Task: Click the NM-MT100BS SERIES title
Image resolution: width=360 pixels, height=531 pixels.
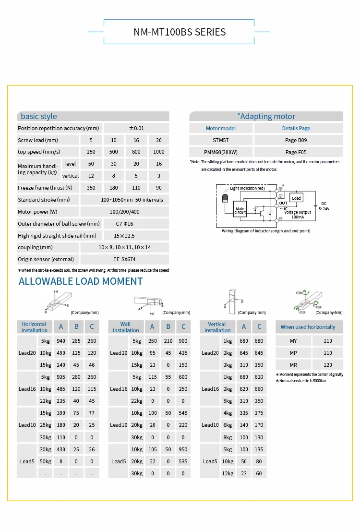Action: click(x=180, y=32)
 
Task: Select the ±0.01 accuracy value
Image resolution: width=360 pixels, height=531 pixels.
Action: click(x=136, y=128)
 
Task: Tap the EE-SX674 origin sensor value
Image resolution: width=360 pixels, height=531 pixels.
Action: click(x=124, y=259)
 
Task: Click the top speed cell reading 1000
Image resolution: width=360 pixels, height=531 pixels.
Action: click(x=158, y=152)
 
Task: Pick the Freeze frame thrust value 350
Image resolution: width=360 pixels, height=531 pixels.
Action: click(x=91, y=188)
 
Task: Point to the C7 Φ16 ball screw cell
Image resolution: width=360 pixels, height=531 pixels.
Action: click(x=124, y=224)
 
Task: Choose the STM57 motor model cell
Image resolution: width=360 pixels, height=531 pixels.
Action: click(x=221, y=140)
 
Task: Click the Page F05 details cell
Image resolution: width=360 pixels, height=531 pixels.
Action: click(x=298, y=152)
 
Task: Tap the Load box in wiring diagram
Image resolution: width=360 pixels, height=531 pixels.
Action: click(x=296, y=198)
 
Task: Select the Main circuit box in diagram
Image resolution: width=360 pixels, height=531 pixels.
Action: click(x=240, y=210)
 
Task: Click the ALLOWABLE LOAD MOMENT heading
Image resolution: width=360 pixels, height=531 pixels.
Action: click(x=81, y=281)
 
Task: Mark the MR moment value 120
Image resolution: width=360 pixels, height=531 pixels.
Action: click(x=328, y=365)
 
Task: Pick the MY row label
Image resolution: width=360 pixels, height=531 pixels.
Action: click(x=293, y=341)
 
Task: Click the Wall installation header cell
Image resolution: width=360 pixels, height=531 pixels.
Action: click(x=125, y=327)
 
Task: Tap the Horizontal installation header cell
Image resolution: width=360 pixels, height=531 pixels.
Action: click(x=34, y=327)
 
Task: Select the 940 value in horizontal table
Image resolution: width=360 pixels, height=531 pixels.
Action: click(x=61, y=341)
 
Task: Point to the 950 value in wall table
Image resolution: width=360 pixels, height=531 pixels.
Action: click(x=183, y=449)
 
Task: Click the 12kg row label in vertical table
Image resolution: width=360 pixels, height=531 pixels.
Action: click(x=227, y=473)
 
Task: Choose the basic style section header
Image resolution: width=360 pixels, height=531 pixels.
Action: click(x=39, y=116)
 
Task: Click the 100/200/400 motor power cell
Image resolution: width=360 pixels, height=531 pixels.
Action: click(x=124, y=212)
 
